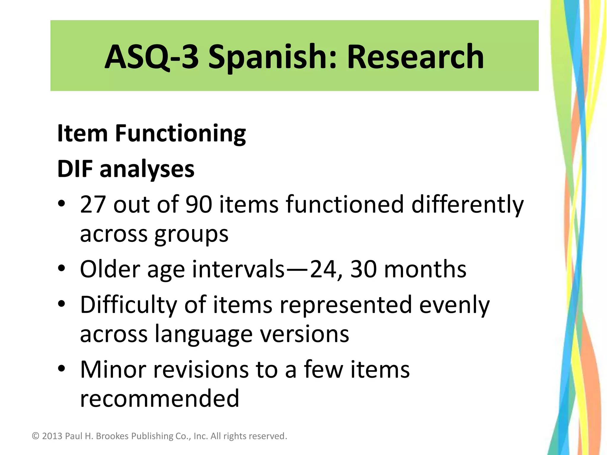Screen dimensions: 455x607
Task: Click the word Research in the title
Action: [x=416, y=56]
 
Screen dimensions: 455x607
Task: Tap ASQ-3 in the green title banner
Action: [x=151, y=56]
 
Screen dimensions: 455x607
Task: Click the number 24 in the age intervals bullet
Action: [x=323, y=270]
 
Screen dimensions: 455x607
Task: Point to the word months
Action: [x=425, y=270]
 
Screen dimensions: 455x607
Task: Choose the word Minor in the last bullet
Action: [x=113, y=370]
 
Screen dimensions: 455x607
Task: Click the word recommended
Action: [x=159, y=398]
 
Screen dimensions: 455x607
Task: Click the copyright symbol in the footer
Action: [x=36, y=436]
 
